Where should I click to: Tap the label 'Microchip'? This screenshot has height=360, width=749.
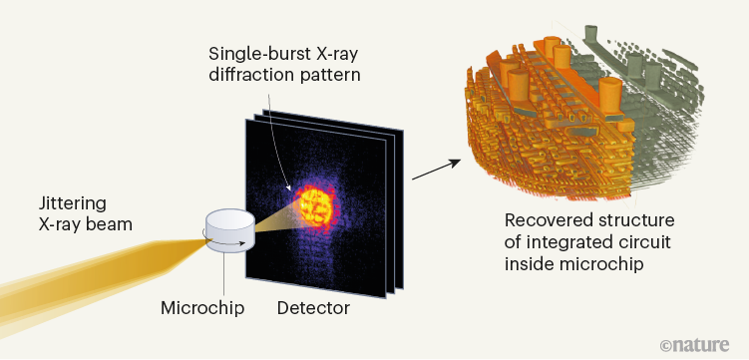(199, 308)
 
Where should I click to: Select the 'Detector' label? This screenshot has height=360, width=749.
(313, 308)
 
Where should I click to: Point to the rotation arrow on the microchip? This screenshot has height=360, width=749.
(207, 238)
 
